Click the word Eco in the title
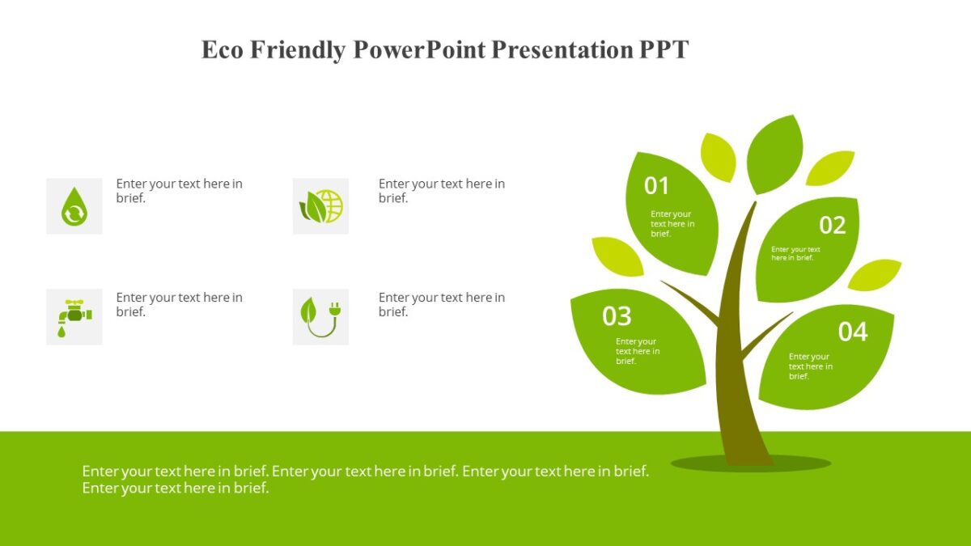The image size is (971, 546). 223,50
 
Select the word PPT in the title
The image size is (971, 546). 664,50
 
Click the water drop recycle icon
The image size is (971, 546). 74,206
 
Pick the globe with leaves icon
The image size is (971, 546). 320,206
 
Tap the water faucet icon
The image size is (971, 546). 74,316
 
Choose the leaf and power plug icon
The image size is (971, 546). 320,316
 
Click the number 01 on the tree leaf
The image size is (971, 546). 656,186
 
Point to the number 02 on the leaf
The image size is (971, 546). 832,225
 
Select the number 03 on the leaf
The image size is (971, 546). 617,316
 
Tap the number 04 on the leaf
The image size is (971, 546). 852,332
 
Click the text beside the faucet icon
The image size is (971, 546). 179,305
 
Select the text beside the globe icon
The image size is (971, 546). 441,191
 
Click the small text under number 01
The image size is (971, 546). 672,224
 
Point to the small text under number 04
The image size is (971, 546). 810,366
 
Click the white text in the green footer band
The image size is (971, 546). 365,479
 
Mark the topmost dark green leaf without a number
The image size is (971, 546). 775,154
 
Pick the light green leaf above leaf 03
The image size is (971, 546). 617,256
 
